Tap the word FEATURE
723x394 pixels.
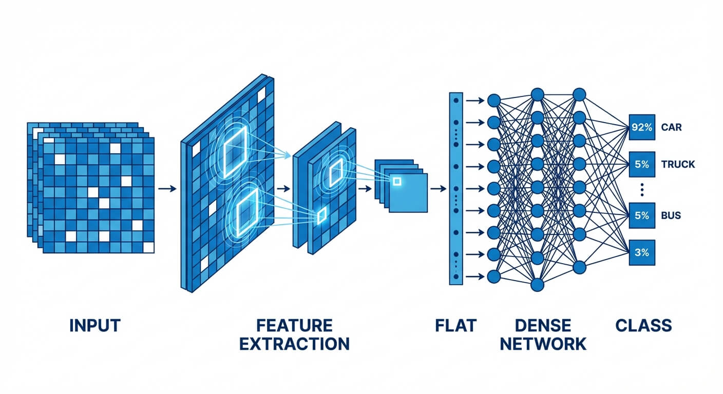pos(294,325)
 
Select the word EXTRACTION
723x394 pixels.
pos(294,344)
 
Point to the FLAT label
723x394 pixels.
pos(456,325)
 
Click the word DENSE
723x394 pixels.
pos(543,325)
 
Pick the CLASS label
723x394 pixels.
pos(643,325)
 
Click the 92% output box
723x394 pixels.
pos(641,127)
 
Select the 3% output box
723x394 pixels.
pos(641,252)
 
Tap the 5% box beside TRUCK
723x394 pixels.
pos(641,164)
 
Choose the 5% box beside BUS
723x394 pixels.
pos(641,215)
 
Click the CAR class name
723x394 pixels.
pos(672,127)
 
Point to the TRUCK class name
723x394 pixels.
pos(678,164)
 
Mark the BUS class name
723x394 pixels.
pos(671,215)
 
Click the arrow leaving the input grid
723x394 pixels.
pos(166,189)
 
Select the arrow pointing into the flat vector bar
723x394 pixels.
pos(438,189)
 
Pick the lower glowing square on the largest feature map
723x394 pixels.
pos(249,213)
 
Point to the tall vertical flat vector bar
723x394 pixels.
pos(455,188)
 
